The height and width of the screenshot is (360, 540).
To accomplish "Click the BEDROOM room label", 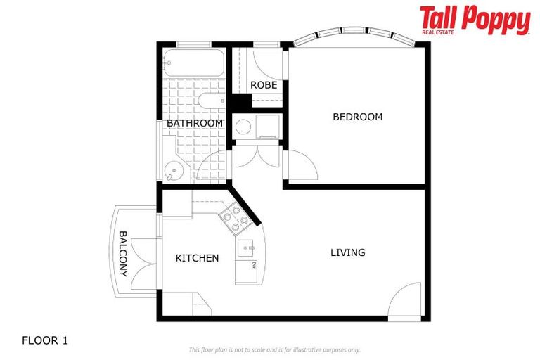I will coord(357,117).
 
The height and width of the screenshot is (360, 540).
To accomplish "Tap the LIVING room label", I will coord(348,252).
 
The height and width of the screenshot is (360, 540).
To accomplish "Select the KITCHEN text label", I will coord(197,258).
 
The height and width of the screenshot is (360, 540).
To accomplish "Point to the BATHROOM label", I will coord(195,123).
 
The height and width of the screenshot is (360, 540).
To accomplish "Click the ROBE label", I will coord(264,85).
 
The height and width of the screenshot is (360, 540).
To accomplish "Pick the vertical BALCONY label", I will coord(123,253).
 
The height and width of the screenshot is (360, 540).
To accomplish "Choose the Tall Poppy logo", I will coord(475,20).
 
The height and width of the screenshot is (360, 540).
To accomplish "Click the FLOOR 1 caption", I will coord(45,340).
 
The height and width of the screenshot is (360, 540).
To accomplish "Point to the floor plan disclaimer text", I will coord(274,349).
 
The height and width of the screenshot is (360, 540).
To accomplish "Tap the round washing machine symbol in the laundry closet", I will coord(244,127).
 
